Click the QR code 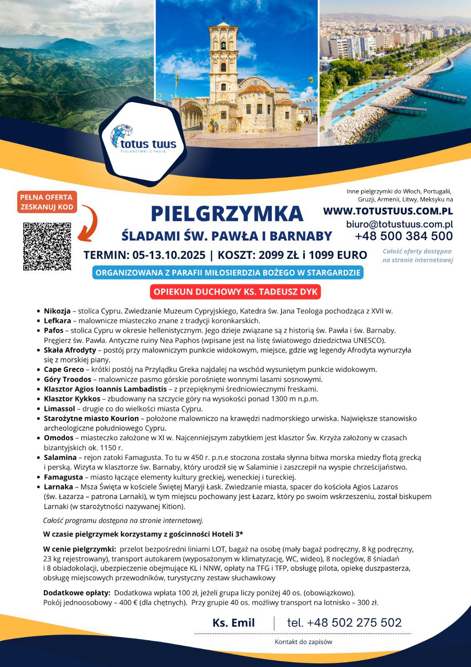[x=47, y=247]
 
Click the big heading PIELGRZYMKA [x=227, y=213]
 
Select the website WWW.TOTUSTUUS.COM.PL [x=388, y=211]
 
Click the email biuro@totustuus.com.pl [x=399, y=224]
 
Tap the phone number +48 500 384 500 [x=404, y=236]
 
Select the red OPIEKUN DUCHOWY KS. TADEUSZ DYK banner [x=235, y=292]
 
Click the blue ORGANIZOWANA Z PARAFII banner [x=228, y=273]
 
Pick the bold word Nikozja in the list [x=57, y=311]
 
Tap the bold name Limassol [x=60, y=409]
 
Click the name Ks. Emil [x=233, y=623]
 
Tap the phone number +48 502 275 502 [x=344, y=623]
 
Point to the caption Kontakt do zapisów [x=303, y=642]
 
